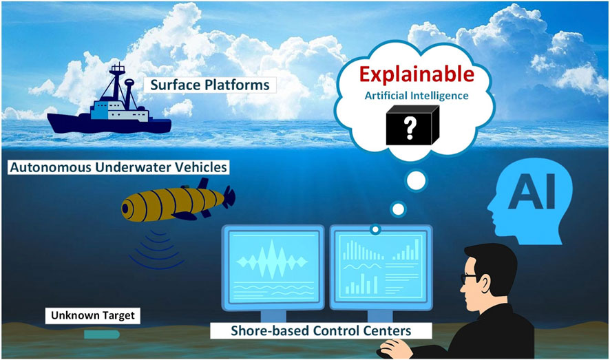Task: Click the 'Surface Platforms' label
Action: point(209,85)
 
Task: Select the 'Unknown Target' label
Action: point(94,316)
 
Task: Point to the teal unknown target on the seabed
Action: point(101,334)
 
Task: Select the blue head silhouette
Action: point(527,200)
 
